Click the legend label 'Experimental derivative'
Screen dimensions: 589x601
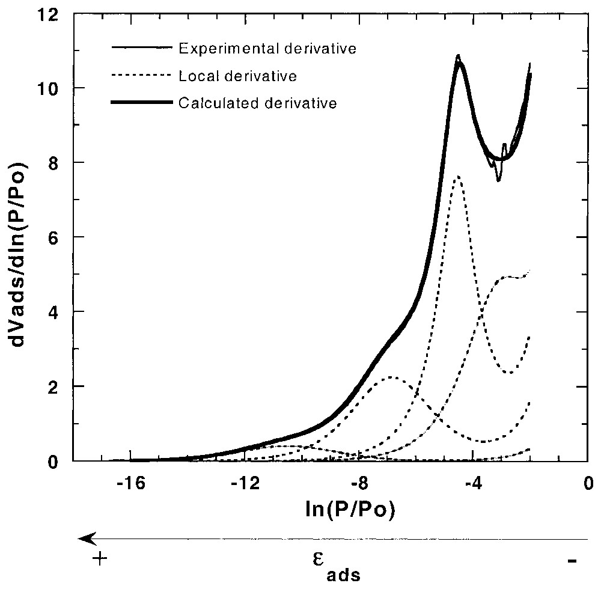pos(268,48)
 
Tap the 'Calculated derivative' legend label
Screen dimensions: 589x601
pos(257,103)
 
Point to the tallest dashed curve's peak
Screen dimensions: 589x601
pos(458,176)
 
